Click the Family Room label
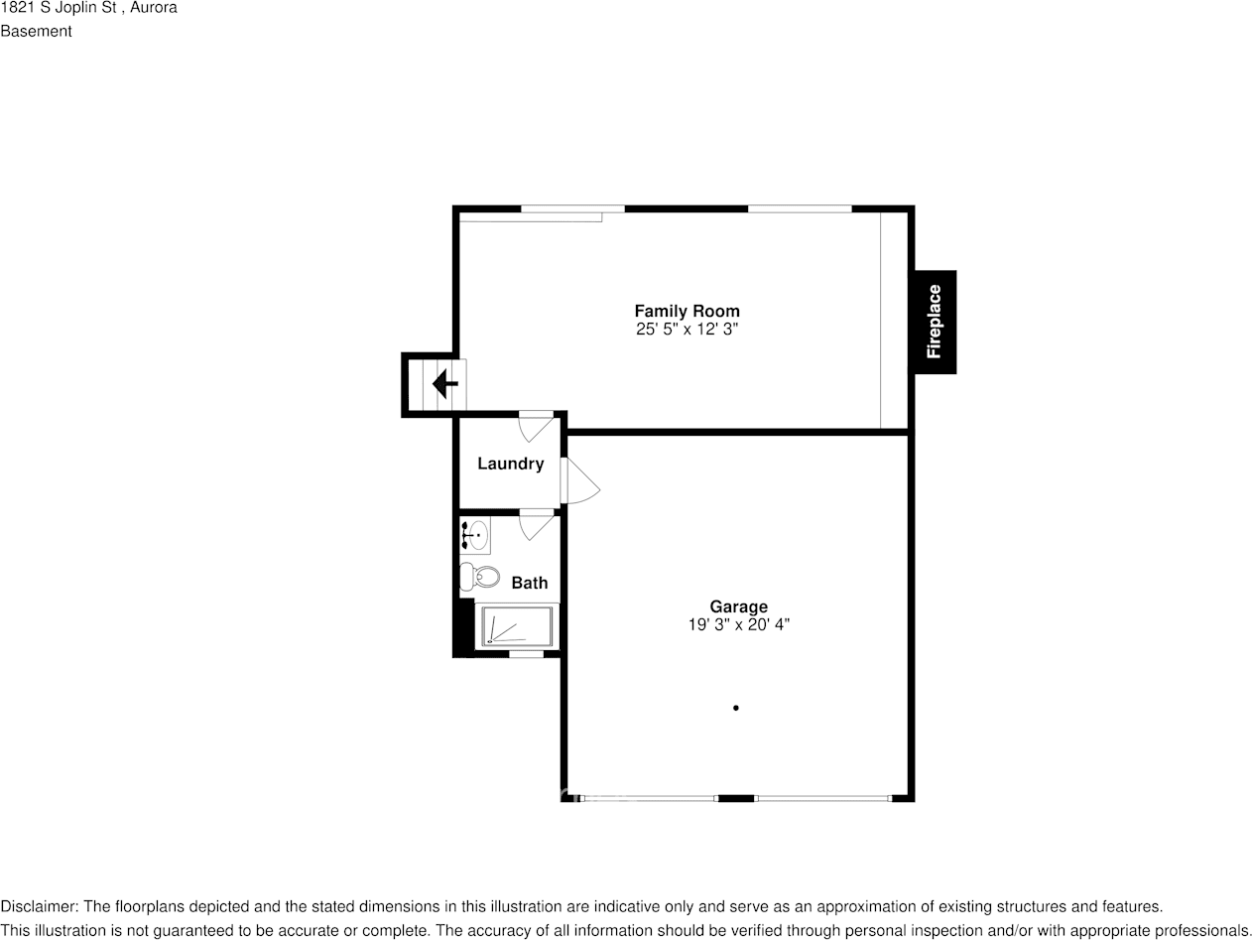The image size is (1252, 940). click(687, 311)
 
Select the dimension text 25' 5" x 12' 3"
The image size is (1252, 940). click(687, 329)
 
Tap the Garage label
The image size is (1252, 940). click(738, 606)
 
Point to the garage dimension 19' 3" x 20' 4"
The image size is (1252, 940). click(738, 624)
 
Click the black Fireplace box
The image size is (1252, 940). click(934, 322)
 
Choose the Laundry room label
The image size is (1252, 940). click(510, 464)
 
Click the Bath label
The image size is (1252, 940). click(529, 583)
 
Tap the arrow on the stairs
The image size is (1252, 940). click(444, 383)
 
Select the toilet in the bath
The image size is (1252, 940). click(479, 576)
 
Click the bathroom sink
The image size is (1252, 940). click(475, 535)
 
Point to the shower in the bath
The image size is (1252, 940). click(516, 627)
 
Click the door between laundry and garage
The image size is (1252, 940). click(578, 480)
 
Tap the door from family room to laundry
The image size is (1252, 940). click(537, 424)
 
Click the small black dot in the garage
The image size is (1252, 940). click(735, 708)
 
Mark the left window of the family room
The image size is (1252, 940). click(572, 208)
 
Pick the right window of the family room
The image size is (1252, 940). click(800, 208)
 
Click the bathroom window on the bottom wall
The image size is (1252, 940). click(526, 654)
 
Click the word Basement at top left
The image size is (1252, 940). click(36, 31)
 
